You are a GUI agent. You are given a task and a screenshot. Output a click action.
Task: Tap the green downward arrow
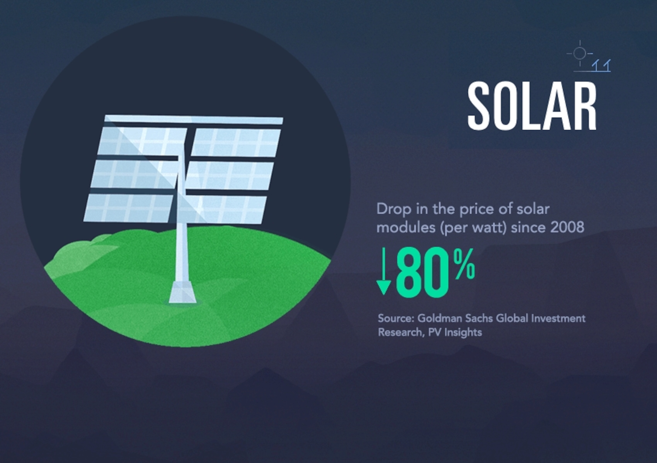pos(384,271)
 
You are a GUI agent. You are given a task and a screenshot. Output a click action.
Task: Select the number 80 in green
pos(422,272)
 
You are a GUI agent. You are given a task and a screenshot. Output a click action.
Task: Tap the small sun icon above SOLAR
pos(580,53)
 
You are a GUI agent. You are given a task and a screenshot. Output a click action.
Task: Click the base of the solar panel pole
pos(182,292)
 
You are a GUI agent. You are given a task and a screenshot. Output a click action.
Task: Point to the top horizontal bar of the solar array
pos(194,120)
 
